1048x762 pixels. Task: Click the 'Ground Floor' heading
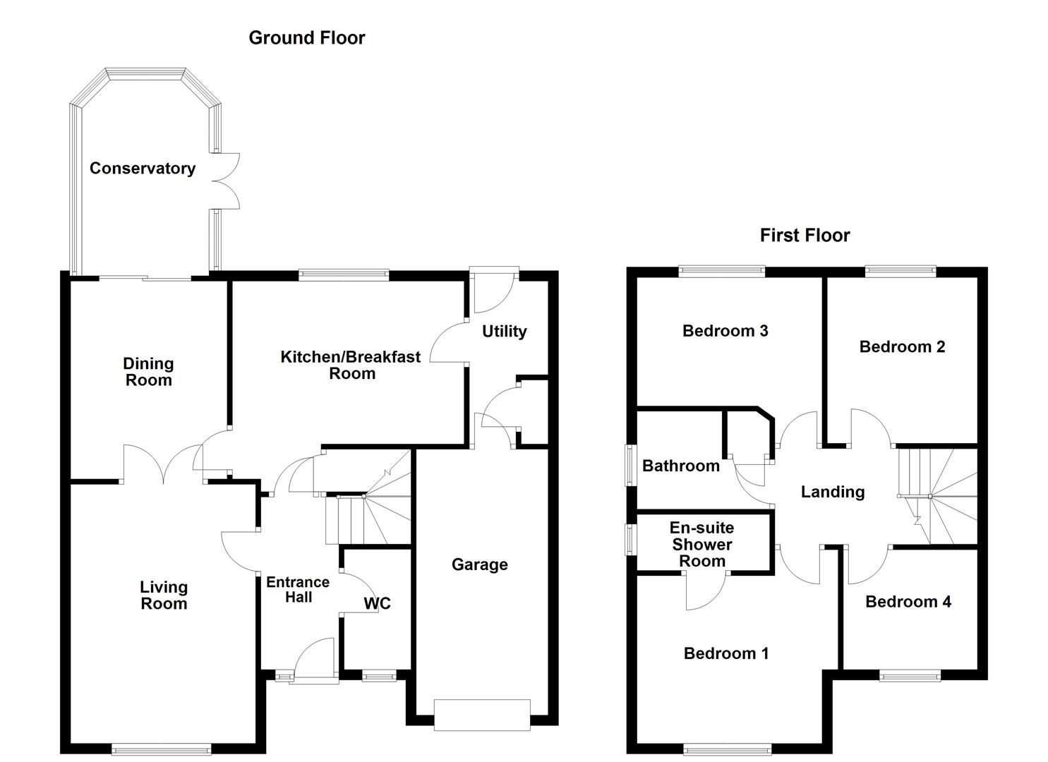pyautogui.click(x=306, y=38)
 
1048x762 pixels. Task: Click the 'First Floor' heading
pyautogui.click(x=805, y=236)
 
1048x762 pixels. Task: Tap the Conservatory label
pyautogui.click(x=142, y=169)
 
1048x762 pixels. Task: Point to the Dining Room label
pyautogui.click(x=148, y=372)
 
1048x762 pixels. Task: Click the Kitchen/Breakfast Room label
pyautogui.click(x=351, y=365)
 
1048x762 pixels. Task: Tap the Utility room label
pyautogui.click(x=504, y=332)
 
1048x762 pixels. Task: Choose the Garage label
pyautogui.click(x=479, y=564)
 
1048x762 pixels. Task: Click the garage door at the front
pyautogui.click(x=482, y=715)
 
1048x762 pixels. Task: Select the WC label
pyautogui.click(x=377, y=604)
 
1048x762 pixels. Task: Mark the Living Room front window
pyautogui.click(x=162, y=749)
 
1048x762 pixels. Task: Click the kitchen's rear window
pyautogui.click(x=344, y=274)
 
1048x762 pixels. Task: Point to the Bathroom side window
pyautogui.click(x=630, y=464)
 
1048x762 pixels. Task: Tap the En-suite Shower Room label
pyautogui.click(x=701, y=545)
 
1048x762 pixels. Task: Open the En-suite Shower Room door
pyautogui.click(x=706, y=589)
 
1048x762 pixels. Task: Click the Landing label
pyautogui.click(x=832, y=492)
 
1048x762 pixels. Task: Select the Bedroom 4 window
pyautogui.click(x=910, y=675)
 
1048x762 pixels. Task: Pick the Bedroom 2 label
pyautogui.click(x=901, y=347)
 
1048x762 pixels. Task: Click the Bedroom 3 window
pyautogui.click(x=722, y=270)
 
